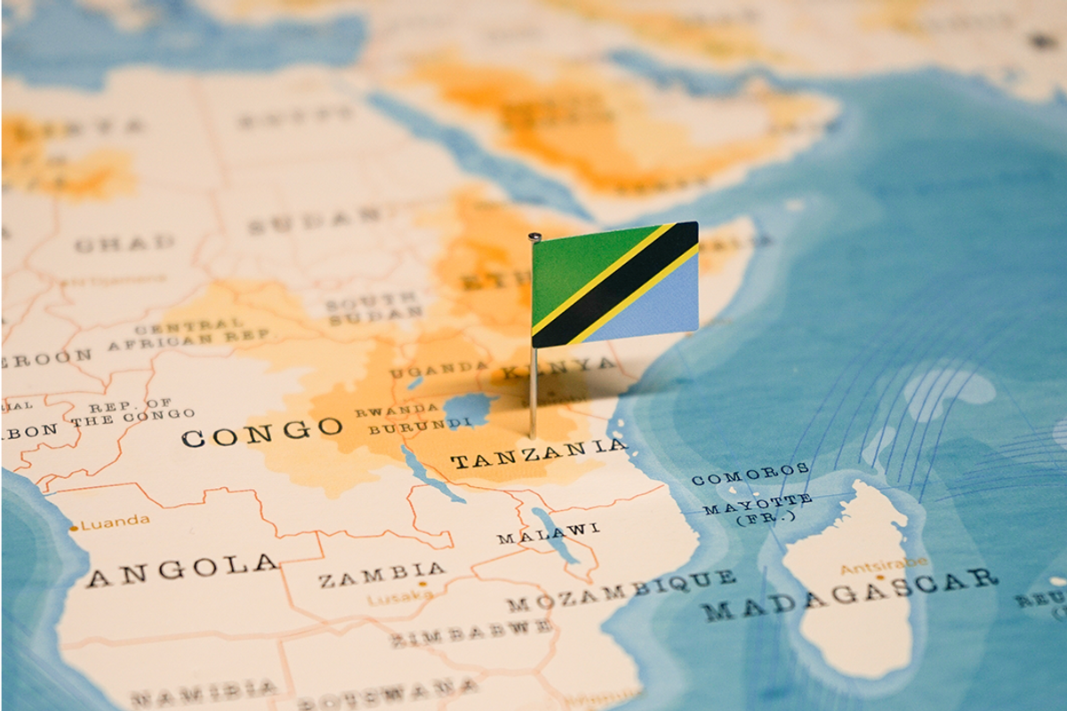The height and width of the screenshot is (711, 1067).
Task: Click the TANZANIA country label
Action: (x=538, y=454)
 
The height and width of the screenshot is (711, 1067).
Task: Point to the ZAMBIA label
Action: (x=381, y=575)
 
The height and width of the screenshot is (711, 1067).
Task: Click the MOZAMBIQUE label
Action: (x=621, y=590)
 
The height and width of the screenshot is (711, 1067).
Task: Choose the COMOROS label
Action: (x=750, y=474)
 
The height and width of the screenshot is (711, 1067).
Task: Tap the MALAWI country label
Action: (x=548, y=532)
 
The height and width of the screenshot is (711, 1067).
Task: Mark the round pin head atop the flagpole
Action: (x=533, y=236)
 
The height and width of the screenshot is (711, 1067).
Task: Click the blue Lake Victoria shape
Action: (x=469, y=410)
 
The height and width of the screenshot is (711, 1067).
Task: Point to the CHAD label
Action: (x=124, y=243)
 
